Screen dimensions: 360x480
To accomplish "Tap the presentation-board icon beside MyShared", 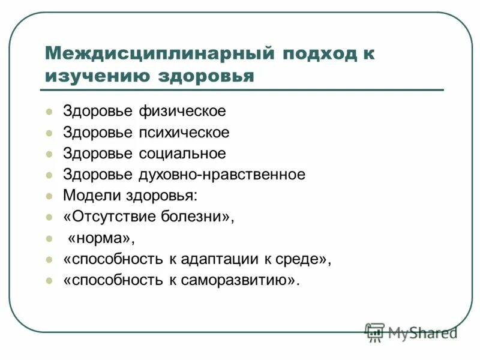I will pyautogui.click(x=375, y=332).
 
